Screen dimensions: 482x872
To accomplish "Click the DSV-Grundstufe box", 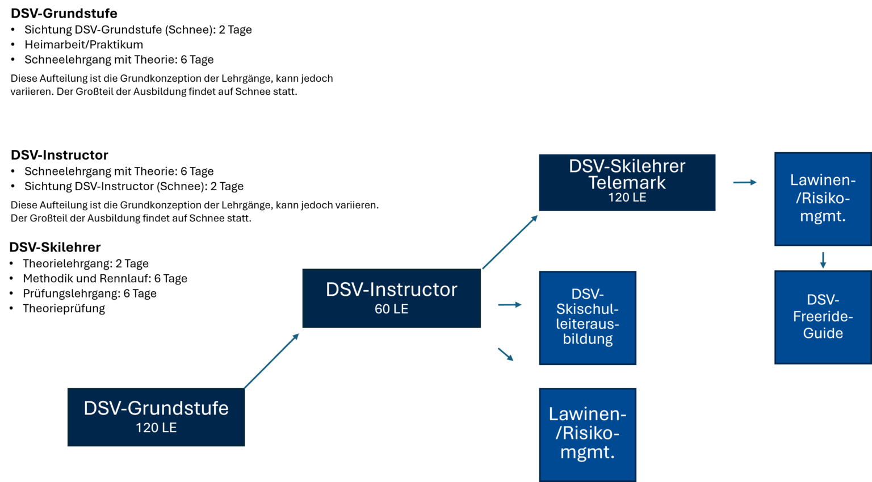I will pos(156,417).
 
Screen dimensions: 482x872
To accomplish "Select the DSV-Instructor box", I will pos(392,298).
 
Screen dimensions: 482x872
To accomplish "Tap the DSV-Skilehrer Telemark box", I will pos(627,182).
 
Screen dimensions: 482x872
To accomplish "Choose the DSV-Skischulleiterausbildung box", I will pos(588,317).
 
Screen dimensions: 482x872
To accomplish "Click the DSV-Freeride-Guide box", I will pos(823,317).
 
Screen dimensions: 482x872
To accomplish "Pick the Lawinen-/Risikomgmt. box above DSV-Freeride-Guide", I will pos(823,198).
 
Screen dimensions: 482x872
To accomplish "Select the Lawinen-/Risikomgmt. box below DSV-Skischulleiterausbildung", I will pos(588,434).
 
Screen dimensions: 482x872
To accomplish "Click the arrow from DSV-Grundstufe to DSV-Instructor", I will pos(271,361).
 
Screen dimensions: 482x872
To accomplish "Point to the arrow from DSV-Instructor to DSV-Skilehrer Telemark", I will pos(510,242).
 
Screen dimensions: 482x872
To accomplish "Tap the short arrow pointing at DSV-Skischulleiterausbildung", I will pos(510,305).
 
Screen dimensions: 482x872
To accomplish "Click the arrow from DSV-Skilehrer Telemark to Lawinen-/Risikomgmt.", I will pos(745,182).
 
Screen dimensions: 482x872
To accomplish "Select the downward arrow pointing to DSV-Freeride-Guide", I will pos(823,259).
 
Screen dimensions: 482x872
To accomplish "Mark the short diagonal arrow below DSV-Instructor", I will pos(505,354).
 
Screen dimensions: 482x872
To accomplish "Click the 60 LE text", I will pos(391,309).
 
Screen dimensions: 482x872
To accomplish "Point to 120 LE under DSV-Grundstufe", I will pos(156,428).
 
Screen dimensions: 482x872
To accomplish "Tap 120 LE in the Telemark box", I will pos(627,198).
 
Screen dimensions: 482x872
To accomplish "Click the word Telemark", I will pos(627,183).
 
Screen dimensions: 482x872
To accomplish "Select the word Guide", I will pos(823,333).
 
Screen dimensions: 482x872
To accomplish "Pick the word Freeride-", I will pos(823,316).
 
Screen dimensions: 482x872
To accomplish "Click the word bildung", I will pos(588,340).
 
